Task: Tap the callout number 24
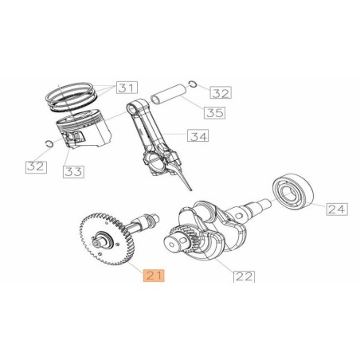point(337,209)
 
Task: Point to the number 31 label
point(126,87)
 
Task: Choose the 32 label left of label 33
point(36,166)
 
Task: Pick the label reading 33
point(73,171)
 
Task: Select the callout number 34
point(198,137)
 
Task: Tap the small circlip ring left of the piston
point(49,143)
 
